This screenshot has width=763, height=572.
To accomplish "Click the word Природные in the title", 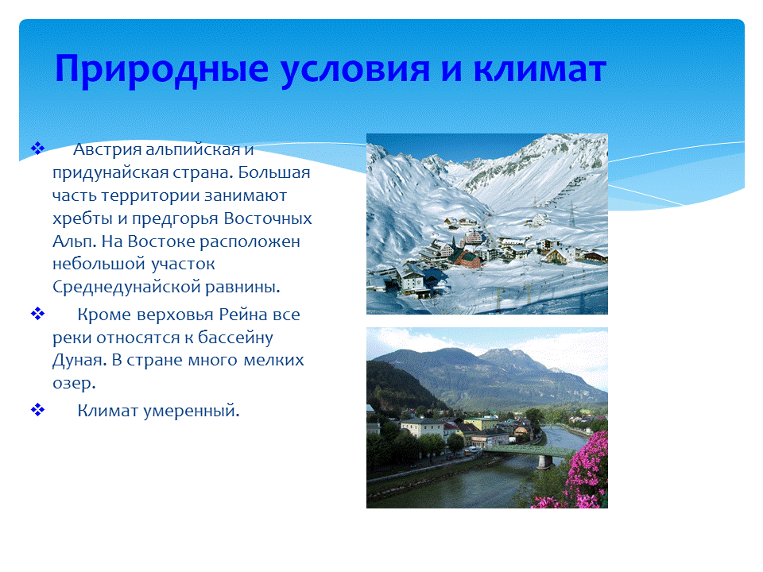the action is tap(161, 69).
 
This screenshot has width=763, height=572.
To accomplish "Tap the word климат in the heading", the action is tap(540, 68).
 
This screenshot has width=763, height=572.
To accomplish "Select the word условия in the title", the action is tap(355, 69).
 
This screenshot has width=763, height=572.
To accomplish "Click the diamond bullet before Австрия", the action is tap(37, 148).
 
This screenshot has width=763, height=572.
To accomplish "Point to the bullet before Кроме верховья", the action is tap(37, 313).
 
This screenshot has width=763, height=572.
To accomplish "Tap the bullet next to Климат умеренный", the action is tap(37, 410).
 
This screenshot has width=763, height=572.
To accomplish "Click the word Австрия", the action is tap(107, 150).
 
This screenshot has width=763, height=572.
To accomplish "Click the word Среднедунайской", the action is tap(126, 287).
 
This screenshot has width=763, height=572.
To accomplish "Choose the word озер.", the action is tap(74, 384).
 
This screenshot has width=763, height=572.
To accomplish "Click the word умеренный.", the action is tap(192, 411).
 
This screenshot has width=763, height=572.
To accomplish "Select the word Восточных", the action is tap(268, 218).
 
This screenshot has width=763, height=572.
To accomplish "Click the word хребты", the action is tap(82, 219).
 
